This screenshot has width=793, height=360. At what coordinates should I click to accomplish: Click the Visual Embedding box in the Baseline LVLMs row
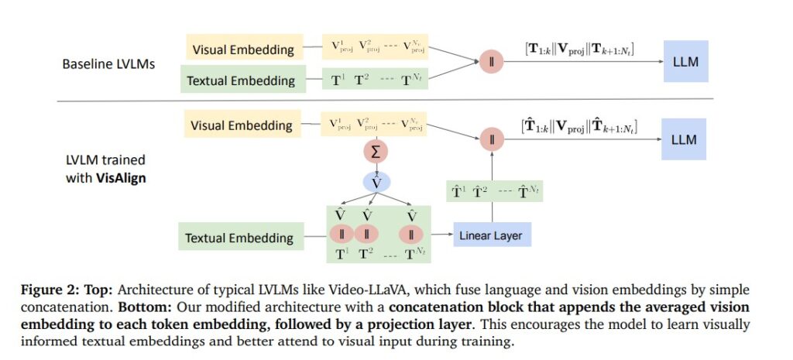[x=242, y=50]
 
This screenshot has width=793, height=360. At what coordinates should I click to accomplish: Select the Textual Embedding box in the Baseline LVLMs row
[x=242, y=80]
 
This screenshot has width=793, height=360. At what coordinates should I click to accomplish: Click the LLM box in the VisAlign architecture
[x=685, y=139]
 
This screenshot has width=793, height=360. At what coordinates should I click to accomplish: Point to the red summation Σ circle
[x=376, y=153]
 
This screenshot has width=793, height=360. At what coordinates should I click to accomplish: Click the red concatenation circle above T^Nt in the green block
[x=412, y=235]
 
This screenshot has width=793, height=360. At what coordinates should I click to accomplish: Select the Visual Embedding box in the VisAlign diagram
[x=242, y=125]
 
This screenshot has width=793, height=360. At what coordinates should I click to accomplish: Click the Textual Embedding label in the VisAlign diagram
[x=237, y=237]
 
